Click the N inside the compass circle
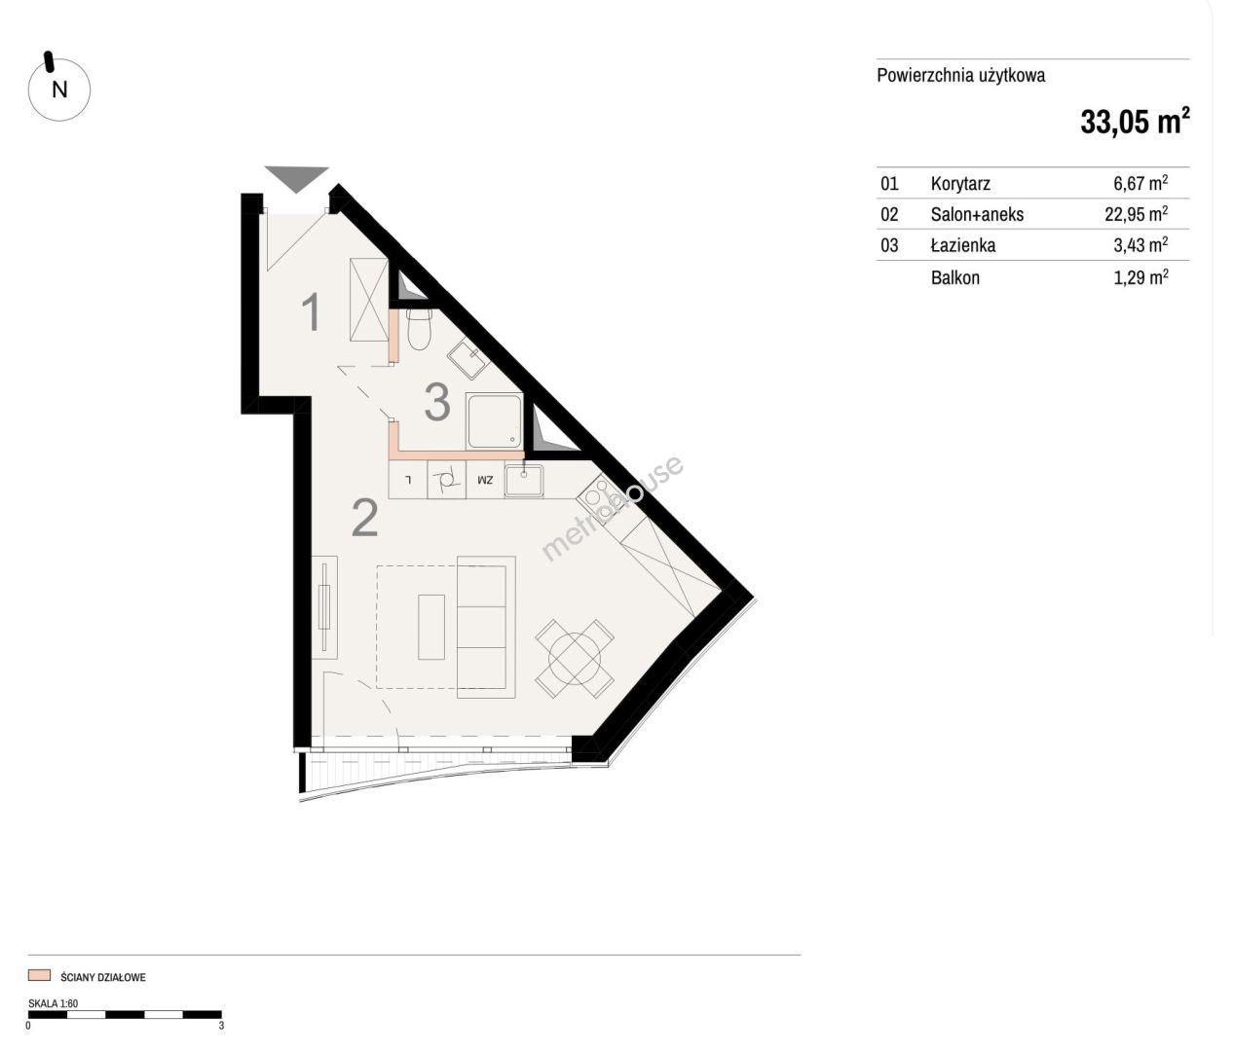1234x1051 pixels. pyautogui.click(x=59, y=90)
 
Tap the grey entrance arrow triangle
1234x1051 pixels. pyautogui.click(x=297, y=178)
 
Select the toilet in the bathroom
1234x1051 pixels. pyautogui.click(x=419, y=330)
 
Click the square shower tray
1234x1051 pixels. pyautogui.click(x=494, y=421)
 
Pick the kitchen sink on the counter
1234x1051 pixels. pyautogui.click(x=524, y=481)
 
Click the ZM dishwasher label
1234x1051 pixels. pyautogui.click(x=485, y=480)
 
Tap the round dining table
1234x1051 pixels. pyautogui.click(x=575, y=658)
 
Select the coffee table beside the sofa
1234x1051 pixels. pyautogui.click(x=431, y=627)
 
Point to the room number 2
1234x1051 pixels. pyautogui.click(x=365, y=518)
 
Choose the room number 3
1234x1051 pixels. pyautogui.click(x=437, y=402)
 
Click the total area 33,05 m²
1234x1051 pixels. pyautogui.click(x=1135, y=122)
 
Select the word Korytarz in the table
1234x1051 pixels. pyautogui.click(x=960, y=184)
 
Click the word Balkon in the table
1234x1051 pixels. pyautogui.click(x=955, y=277)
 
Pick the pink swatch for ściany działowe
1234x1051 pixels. pyautogui.click(x=39, y=975)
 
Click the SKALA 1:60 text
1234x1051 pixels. pyautogui.click(x=54, y=1003)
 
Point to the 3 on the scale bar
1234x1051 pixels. pyautogui.click(x=221, y=1026)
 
